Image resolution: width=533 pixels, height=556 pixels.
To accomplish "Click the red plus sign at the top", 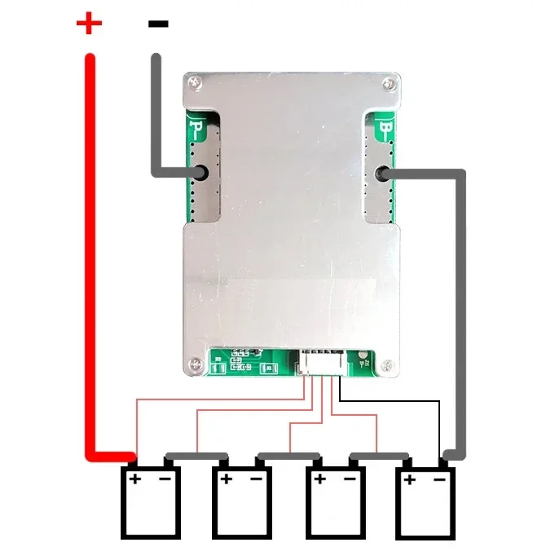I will click(x=89, y=23).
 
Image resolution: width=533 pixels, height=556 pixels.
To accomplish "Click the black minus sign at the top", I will click(x=158, y=24).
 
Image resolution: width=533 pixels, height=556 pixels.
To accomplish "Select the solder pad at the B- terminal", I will click(x=381, y=173).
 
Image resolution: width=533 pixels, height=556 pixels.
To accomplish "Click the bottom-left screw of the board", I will click(x=195, y=364).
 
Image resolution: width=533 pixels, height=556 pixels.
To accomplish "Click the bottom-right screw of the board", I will click(x=389, y=364).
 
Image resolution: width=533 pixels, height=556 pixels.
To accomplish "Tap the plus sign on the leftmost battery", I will click(x=134, y=479).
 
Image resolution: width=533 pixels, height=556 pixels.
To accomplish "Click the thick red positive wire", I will click(x=90, y=245).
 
